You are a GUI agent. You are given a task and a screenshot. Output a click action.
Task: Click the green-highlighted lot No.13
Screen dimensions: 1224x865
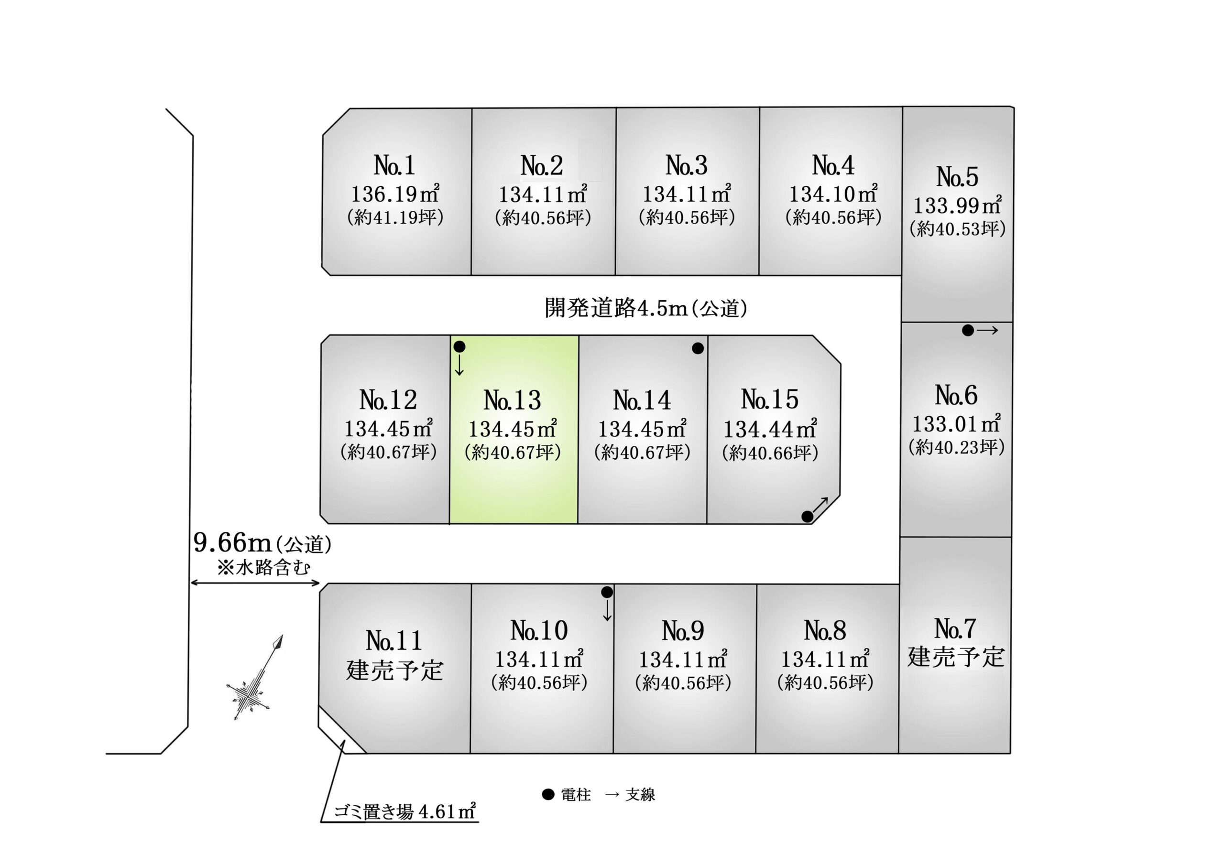pos(514,430)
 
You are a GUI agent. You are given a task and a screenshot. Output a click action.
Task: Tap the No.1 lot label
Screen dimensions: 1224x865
pos(394,165)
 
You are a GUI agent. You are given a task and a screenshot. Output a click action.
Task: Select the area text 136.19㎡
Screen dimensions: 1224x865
pos(395,194)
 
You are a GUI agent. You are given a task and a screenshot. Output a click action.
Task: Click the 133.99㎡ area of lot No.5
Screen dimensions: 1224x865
pos(958,205)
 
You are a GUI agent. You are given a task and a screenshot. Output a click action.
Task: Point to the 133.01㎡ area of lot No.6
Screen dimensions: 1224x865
pos(956,424)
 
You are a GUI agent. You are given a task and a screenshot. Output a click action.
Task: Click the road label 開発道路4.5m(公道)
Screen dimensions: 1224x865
pos(645,308)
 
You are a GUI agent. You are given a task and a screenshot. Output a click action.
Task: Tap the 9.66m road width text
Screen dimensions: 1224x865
pos(232,542)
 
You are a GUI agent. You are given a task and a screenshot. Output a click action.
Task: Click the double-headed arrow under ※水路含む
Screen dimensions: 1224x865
pos(255,583)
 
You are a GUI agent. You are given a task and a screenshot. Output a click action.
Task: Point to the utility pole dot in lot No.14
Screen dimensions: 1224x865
pos(698,348)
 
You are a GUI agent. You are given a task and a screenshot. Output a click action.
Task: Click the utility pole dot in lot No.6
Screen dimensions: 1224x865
pos(968,330)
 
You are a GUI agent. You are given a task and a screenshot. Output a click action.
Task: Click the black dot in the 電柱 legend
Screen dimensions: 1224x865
pos(548,794)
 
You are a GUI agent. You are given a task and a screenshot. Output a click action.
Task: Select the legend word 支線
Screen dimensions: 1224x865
pos(640,795)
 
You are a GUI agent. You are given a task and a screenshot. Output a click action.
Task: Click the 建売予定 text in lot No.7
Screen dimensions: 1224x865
pos(956,657)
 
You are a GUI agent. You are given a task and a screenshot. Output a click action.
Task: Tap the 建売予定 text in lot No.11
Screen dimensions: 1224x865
pos(394,670)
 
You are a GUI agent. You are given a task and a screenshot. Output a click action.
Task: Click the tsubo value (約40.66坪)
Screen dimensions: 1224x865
pos(770,453)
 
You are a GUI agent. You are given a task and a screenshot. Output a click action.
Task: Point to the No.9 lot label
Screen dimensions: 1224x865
pos(683,631)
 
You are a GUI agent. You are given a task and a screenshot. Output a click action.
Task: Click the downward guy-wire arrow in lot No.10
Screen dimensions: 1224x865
pos(607,610)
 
